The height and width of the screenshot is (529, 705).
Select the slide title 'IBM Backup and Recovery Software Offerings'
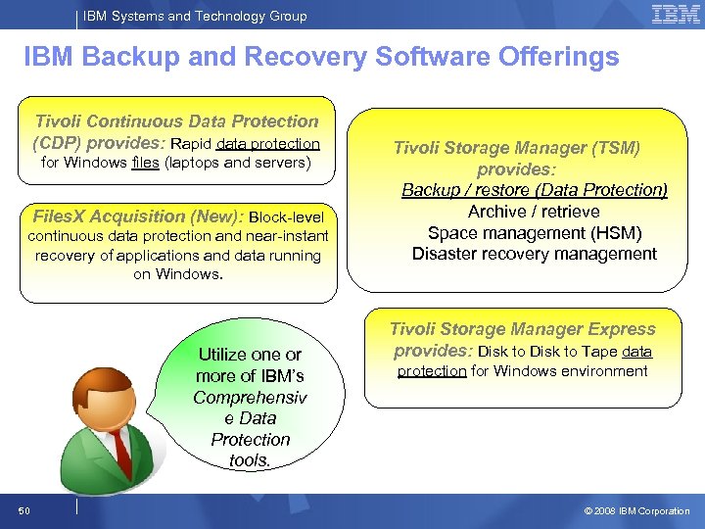(321, 57)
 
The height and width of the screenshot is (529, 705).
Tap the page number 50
(23, 510)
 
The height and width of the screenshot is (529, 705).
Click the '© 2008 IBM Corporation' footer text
(636, 510)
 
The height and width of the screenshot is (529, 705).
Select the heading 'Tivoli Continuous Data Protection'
(176, 121)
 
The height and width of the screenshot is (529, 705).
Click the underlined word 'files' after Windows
(144, 163)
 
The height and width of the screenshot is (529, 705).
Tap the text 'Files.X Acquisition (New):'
(138, 216)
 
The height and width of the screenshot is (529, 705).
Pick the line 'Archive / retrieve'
(534, 212)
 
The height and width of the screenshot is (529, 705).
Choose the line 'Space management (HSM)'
(535, 233)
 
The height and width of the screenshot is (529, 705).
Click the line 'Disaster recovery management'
(535, 255)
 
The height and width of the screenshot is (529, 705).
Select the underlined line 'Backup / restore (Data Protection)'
(535, 190)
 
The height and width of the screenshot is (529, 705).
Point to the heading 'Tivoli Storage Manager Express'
(523, 329)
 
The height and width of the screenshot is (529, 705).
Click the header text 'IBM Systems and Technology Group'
(195, 16)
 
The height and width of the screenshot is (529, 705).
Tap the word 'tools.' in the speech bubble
(251, 460)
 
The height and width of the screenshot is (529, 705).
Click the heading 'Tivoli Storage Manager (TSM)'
(517, 148)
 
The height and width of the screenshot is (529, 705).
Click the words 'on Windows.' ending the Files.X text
(178, 274)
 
